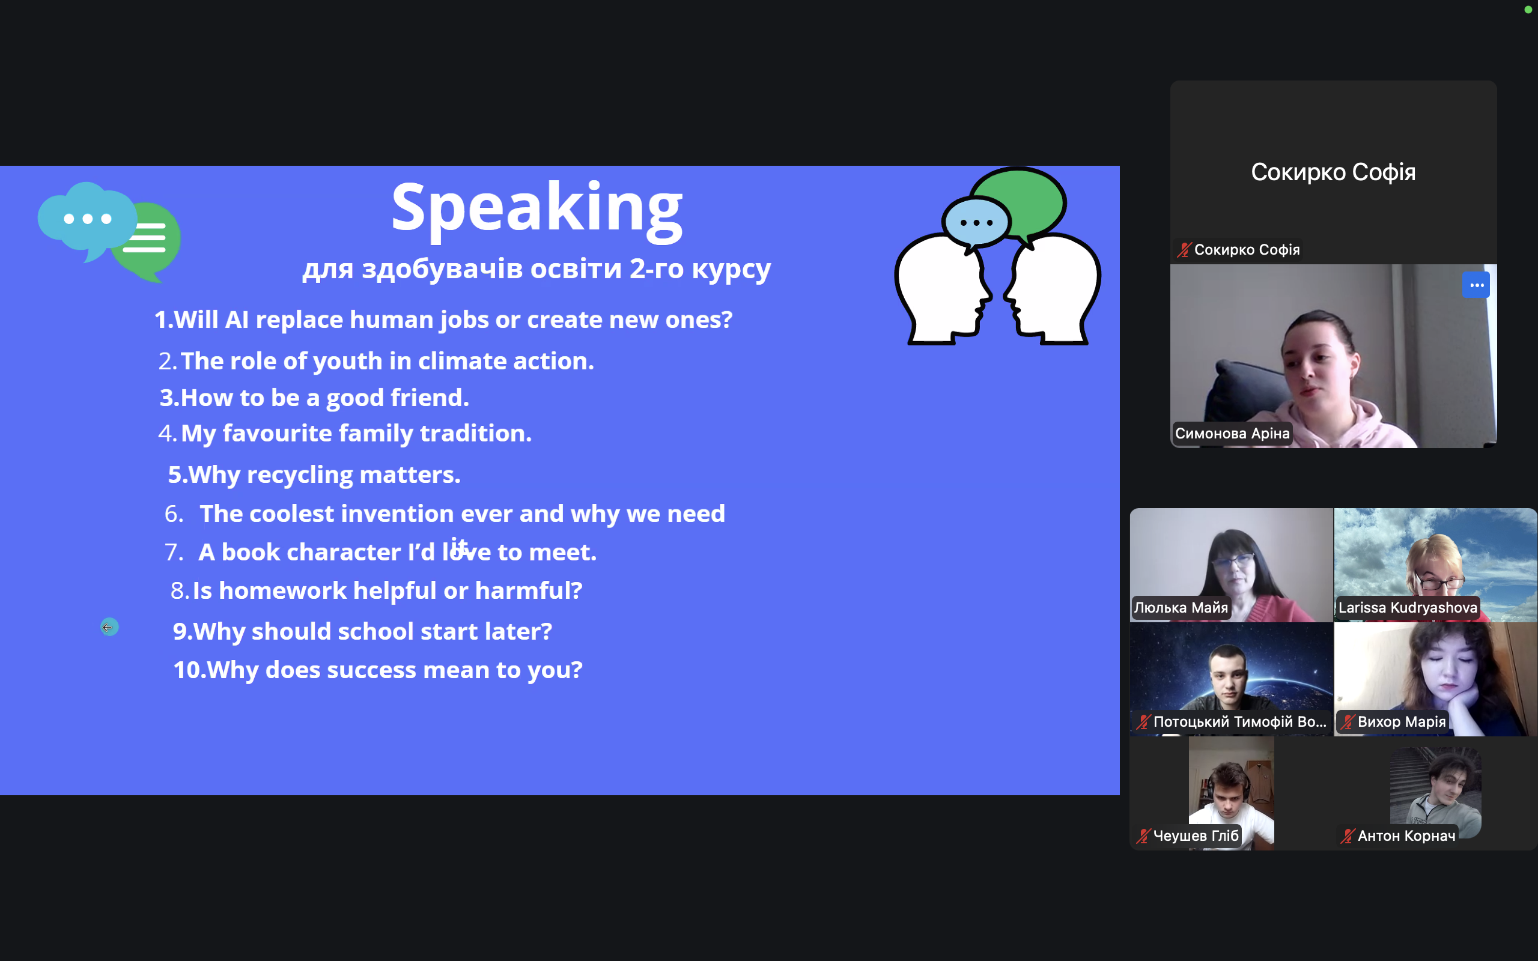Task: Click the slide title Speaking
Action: (537, 209)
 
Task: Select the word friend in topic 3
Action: (430, 398)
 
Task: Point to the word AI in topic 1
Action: (237, 320)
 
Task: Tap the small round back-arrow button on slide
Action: (109, 627)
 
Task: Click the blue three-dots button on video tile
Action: (1476, 285)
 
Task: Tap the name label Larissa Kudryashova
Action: (1408, 608)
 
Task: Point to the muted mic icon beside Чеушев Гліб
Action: (1143, 836)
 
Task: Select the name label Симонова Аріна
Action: (1232, 434)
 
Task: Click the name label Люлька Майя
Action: (1181, 608)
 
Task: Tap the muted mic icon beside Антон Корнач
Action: (1348, 836)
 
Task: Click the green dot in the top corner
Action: (1528, 10)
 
